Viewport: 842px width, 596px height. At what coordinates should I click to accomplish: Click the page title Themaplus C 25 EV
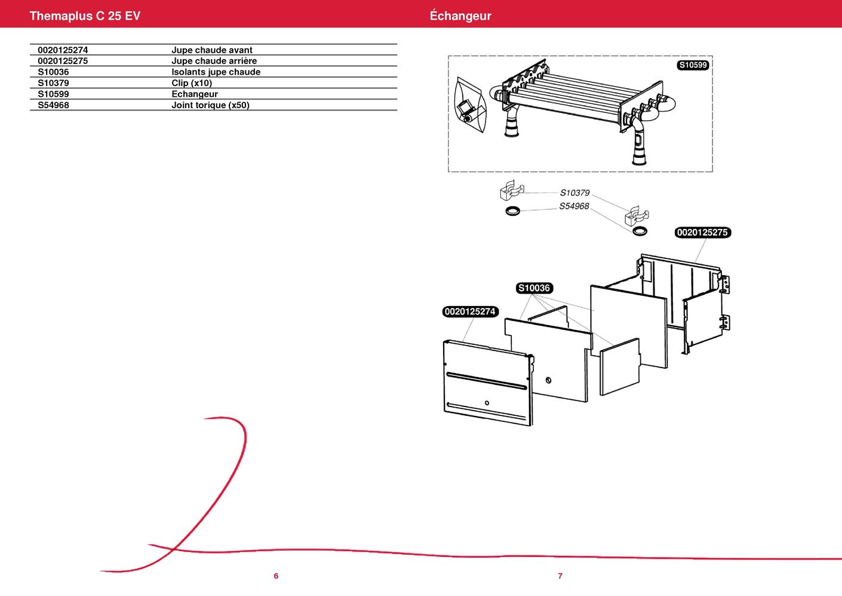(85, 16)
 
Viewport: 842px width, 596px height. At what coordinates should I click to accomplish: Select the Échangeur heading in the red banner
(460, 16)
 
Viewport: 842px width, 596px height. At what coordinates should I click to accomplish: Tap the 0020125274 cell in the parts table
(63, 50)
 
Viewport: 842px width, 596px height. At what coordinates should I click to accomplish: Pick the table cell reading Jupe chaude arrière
(214, 61)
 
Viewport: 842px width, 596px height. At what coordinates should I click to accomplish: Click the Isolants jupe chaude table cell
(216, 72)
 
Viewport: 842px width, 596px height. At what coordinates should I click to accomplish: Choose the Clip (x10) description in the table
(192, 83)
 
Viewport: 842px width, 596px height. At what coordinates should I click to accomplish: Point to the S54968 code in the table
(53, 105)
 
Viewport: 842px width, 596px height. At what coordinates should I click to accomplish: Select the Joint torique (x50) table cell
(210, 105)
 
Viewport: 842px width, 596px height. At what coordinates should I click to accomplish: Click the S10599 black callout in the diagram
(693, 65)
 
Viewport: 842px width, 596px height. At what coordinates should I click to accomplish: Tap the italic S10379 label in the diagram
(574, 193)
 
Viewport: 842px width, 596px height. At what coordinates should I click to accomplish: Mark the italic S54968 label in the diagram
(574, 206)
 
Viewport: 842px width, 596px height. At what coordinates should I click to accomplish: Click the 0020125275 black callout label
(702, 233)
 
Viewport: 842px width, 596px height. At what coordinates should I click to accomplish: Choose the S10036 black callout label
(534, 288)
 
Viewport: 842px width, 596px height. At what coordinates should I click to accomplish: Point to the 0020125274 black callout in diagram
(471, 311)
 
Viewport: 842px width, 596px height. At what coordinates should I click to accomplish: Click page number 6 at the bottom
(276, 576)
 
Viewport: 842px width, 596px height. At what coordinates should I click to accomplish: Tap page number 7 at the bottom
(560, 576)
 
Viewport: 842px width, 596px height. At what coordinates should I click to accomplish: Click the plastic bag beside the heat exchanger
(471, 107)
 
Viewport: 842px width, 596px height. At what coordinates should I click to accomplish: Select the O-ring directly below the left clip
(512, 210)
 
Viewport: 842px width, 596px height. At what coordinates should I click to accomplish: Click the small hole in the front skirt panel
(487, 402)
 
